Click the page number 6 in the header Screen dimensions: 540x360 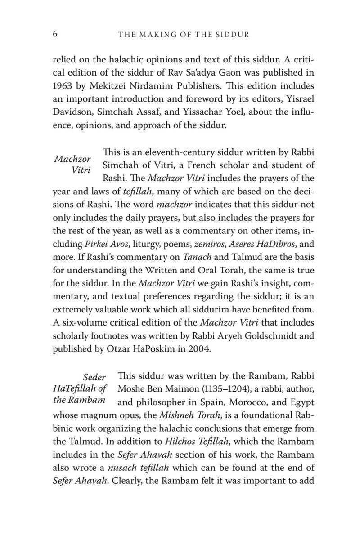coord(55,34)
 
